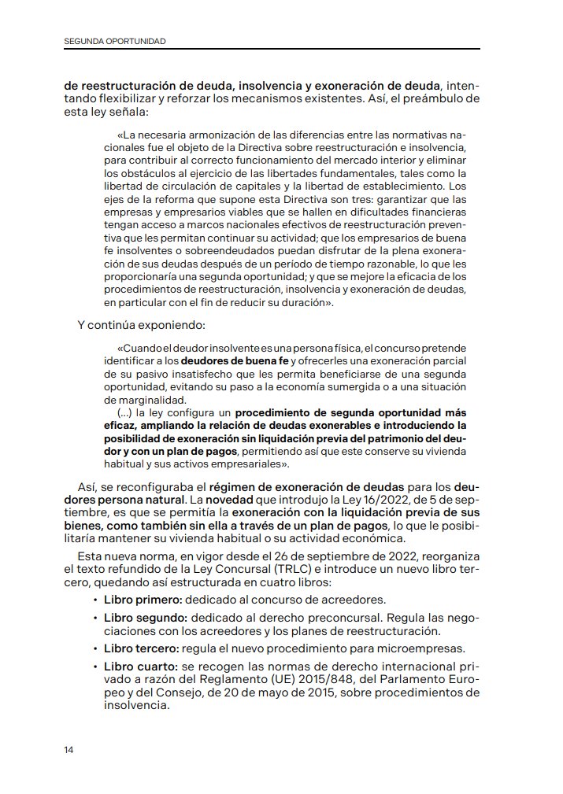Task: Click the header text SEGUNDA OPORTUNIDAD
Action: tap(115, 41)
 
